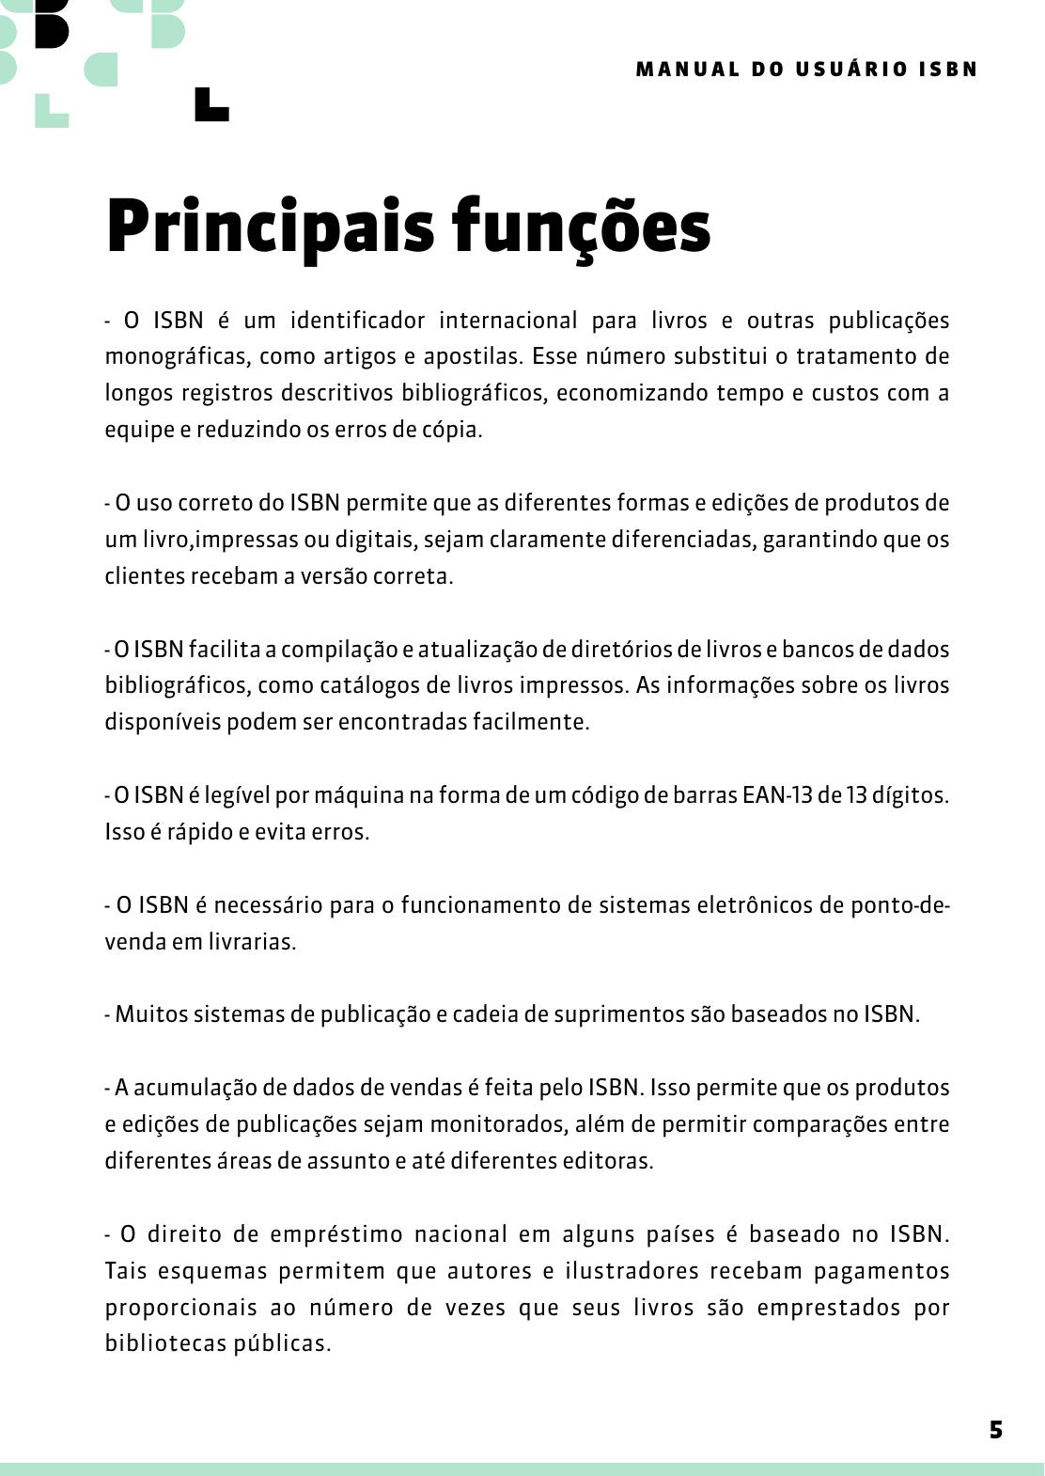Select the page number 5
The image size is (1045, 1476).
click(x=996, y=1430)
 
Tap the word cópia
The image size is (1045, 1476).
click(x=455, y=431)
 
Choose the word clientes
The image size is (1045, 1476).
click(x=145, y=576)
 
